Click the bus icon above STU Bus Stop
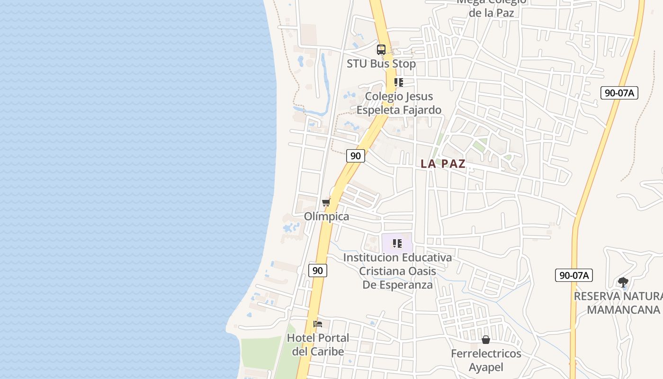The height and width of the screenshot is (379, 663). [x=381, y=49]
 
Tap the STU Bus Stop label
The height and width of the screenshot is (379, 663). [x=381, y=63]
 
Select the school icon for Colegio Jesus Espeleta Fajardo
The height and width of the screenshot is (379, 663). [x=399, y=82]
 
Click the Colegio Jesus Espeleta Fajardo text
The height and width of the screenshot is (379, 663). [x=399, y=103]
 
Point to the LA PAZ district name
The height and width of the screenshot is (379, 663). [x=443, y=164]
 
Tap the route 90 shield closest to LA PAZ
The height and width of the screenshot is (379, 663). [x=355, y=155]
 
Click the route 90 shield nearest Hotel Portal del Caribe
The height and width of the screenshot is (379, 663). [x=318, y=271]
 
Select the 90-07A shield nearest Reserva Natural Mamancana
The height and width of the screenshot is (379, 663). [x=573, y=275]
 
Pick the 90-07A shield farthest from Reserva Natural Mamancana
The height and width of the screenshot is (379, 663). [x=619, y=93]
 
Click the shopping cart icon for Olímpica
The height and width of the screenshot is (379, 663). [x=326, y=203]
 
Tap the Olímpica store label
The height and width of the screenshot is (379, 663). [x=326, y=217]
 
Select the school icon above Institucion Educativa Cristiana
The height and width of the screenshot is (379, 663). [x=397, y=244]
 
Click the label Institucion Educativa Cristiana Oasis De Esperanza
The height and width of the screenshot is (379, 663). [x=397, y=271]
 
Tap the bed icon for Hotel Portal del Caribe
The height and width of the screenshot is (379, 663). [x=318, y=324]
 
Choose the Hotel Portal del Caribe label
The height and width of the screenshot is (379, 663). [x=318, y=344]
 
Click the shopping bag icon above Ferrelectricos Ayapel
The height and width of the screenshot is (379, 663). [x=486, y=340]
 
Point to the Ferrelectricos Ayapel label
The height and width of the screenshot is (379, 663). [x=486, y=360]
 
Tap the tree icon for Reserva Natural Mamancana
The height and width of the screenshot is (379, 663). [x=623, y=282]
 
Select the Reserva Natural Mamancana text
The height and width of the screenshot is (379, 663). [x=618, y=303]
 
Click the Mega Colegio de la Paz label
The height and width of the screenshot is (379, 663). [x=492, y=8]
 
